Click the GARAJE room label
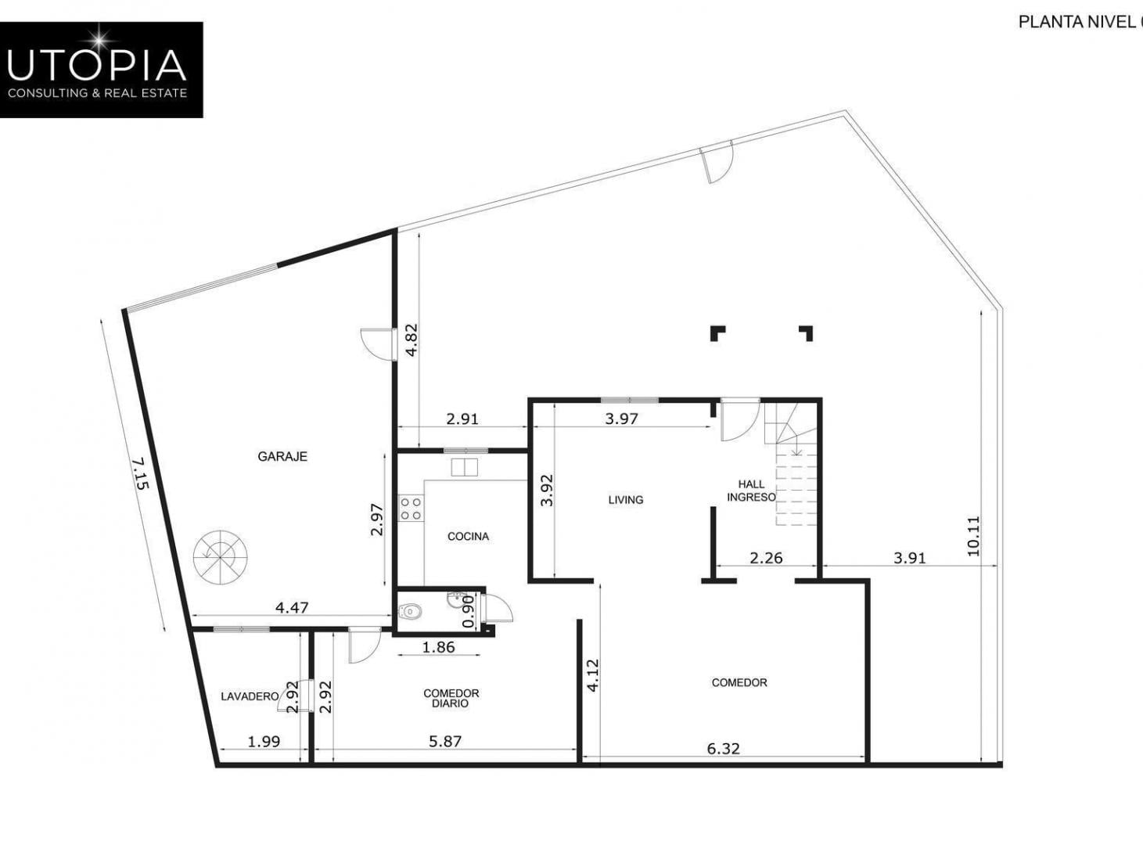coord(282,456)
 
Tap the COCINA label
coord(468,537)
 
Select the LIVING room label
coord(626,500)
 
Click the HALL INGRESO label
coord(751,491)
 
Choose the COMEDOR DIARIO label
coord(451,699)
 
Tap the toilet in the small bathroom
coord(411,612)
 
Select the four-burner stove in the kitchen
coord(411,509)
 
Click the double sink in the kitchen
coord(464,467)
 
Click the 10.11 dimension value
coord(973,536)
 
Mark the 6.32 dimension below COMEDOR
coord(723,749)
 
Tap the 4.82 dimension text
coord(412,340)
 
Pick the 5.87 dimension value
coord(445,742)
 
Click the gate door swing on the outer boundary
coord(717,161)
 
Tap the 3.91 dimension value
coord(910,558)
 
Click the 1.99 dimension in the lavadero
coord(264,742)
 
